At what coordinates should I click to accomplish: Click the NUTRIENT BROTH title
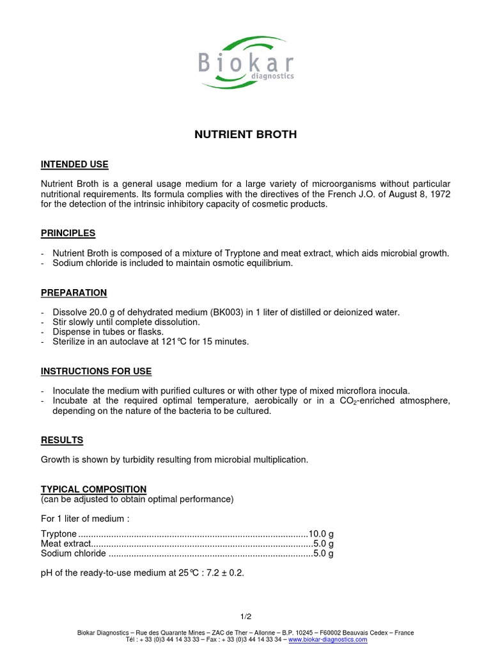point(245,135)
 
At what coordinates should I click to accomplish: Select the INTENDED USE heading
point(75,165)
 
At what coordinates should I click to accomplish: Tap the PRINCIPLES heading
point(68,233)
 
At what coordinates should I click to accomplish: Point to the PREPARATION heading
point(74,293)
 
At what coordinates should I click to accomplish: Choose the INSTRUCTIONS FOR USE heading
point(97,371)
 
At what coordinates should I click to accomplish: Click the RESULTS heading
point(62,441)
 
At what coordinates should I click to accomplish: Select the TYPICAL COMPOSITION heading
point(94,489)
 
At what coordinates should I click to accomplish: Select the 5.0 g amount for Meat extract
point(323,544)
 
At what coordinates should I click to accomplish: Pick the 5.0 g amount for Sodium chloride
point(323,554)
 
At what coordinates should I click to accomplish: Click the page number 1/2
point(245,617)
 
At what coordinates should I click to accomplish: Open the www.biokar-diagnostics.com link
point(328,640)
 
